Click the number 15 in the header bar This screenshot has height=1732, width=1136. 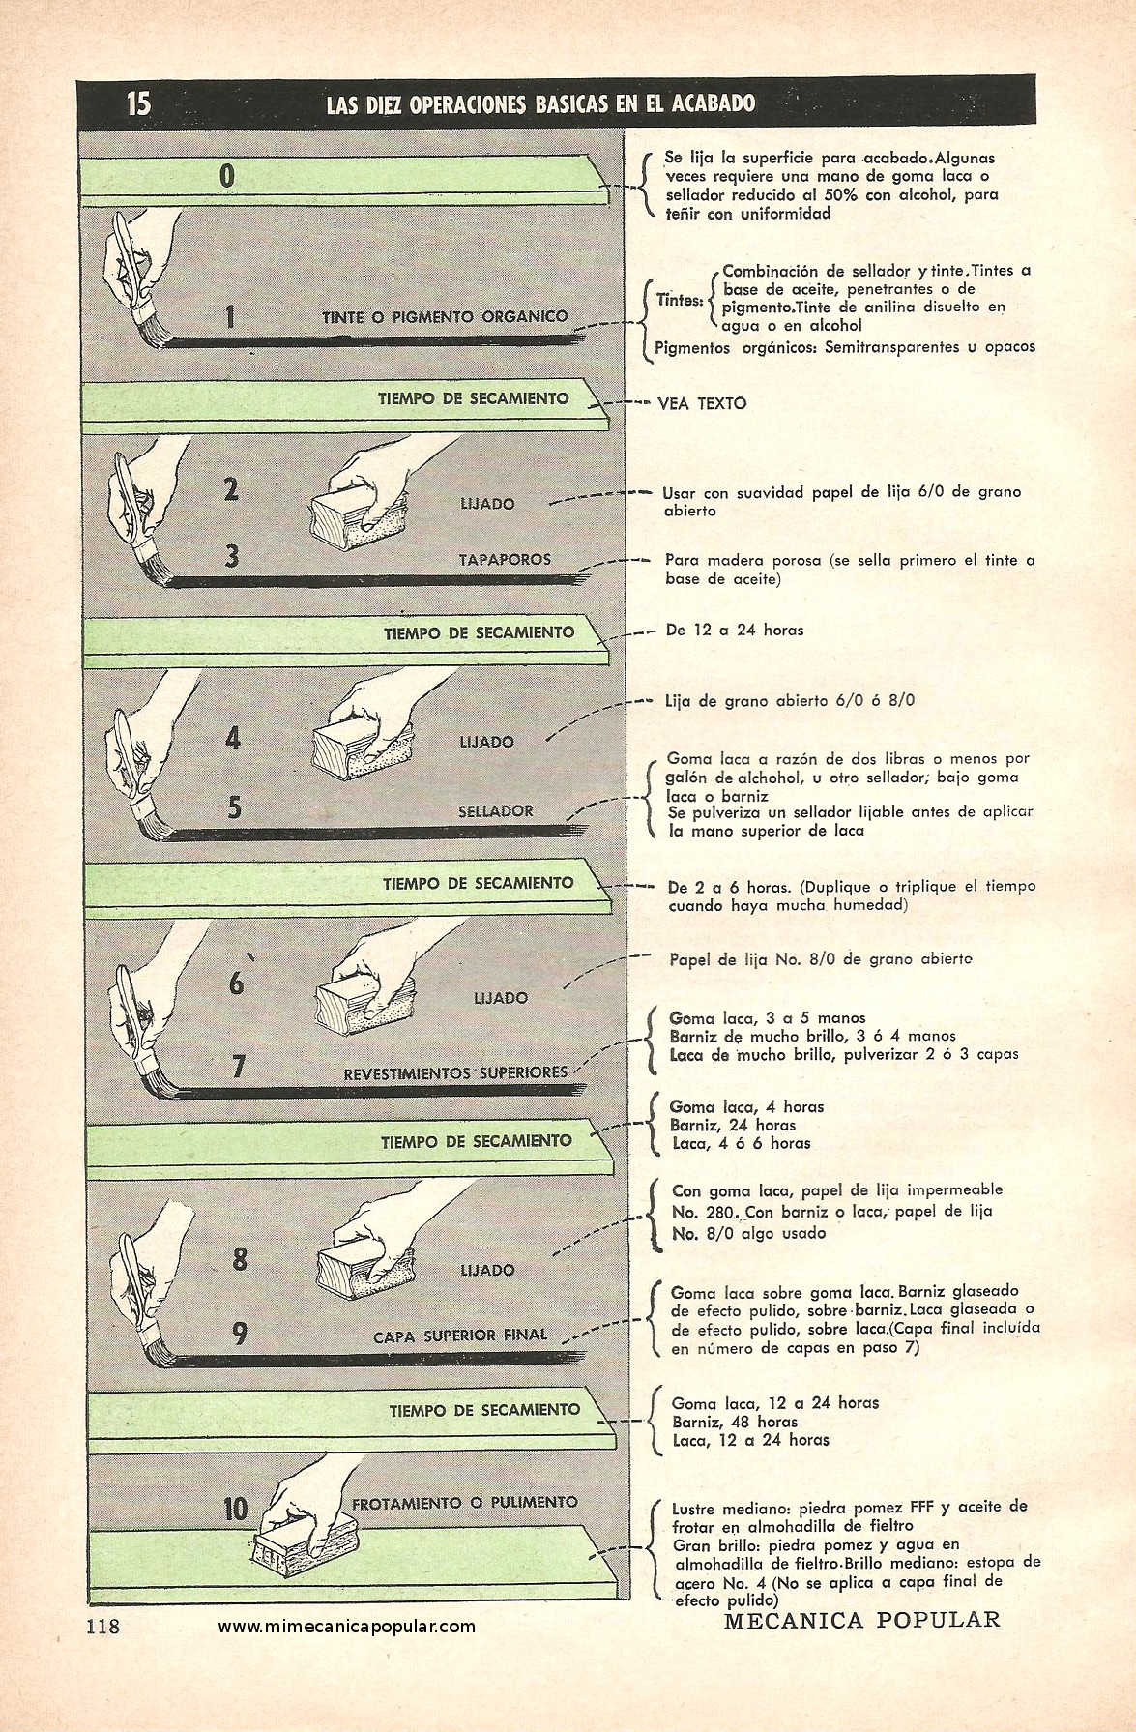click(x=138, y=102)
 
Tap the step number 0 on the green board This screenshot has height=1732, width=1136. click(x=227, y=177)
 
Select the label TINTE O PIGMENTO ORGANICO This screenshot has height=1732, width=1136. click(x=446, y=316)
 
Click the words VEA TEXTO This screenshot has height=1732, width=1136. click(x=703, y=404)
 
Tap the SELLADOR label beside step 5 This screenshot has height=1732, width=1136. click(x=496, y=810)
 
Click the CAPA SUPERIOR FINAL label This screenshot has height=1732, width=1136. click(x=460, y=1336)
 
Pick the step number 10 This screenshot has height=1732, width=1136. click(x=236, y=1508)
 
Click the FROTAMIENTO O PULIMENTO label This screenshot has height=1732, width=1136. click(x=465, y=1502)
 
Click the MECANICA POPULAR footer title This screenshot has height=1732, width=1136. click(x=861, y=1619)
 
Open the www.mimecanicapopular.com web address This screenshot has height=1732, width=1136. click(x=347, y=1626)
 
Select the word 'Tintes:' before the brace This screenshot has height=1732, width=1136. click(x=680, y=300)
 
